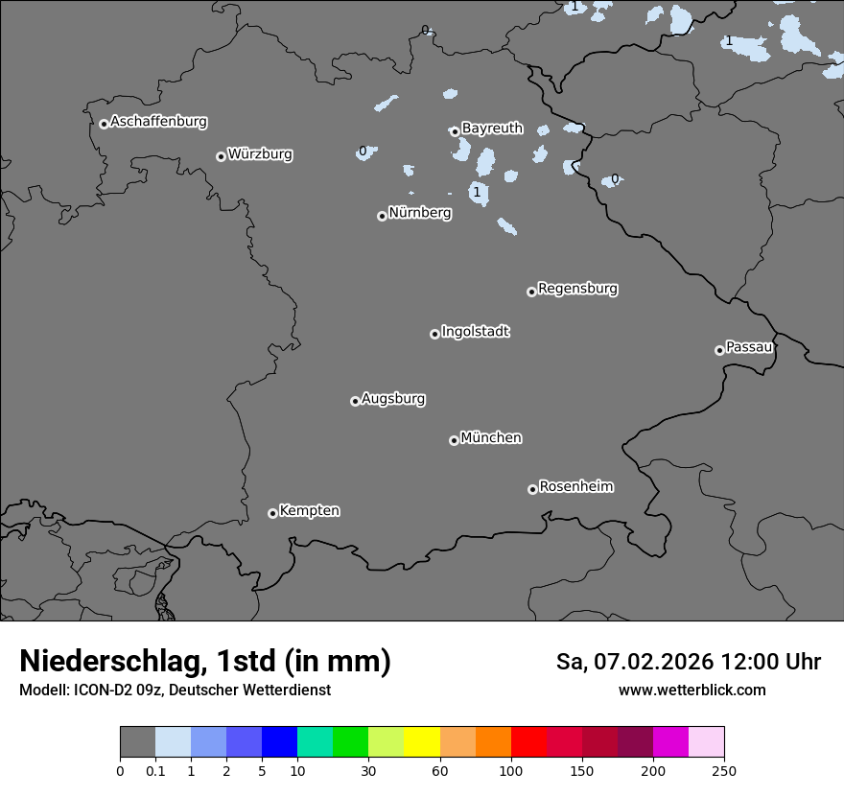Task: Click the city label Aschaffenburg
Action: (158, 122)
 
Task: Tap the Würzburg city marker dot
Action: (221, 156)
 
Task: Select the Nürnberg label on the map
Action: (419, 213)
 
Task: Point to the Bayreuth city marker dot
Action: (455, 131)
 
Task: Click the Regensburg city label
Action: (577, 289)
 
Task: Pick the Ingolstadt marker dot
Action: (434, 334)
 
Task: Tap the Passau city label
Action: (749, 347)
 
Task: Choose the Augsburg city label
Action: (393, 399)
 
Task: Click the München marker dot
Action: (454, 440)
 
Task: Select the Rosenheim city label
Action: (575, 487)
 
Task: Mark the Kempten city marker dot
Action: (272, 513)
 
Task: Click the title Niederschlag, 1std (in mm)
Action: (205, 662)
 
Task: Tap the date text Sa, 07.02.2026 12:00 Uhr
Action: (689, 662)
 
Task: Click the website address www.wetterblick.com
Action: (692, 690)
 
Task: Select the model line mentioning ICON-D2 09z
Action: (175, 690)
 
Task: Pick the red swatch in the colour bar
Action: (528, 742)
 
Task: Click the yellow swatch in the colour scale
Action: (422, 742)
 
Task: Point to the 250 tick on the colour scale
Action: (723, 770)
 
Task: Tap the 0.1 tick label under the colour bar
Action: (155, 770)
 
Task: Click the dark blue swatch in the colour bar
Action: (279, 742)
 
